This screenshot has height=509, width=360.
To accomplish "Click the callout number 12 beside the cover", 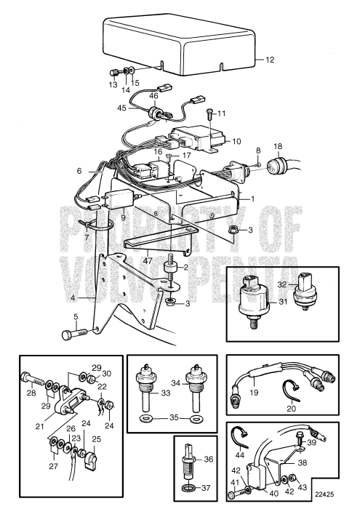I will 271,60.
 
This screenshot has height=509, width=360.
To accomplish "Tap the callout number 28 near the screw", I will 31,393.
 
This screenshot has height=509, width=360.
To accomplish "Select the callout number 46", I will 153,95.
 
